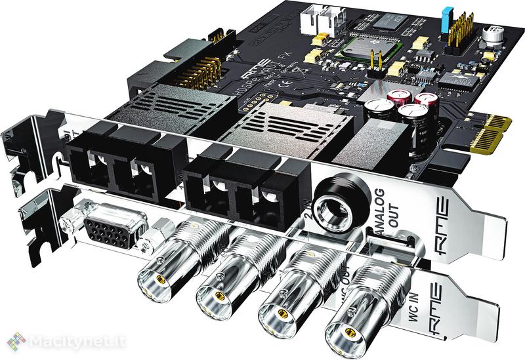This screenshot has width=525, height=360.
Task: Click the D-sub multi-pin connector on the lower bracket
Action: [106, 231]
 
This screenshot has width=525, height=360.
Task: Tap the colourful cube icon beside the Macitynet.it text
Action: [16, 340]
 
